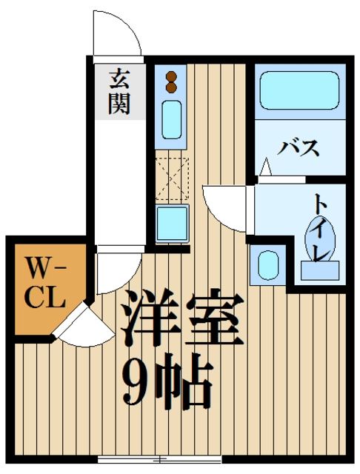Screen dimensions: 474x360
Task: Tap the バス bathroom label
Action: (299, 147)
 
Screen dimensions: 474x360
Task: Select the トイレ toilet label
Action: (322, 226)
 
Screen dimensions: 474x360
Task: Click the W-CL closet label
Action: (46, 284)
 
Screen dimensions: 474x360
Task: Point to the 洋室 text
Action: (182, 318)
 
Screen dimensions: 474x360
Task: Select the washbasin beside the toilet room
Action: (267, 264)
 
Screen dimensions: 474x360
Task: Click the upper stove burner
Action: (171, 76)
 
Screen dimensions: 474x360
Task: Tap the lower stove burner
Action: (171, 88)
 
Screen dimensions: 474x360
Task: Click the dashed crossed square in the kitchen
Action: (172, 178)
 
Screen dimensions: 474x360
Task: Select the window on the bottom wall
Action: (157, 459)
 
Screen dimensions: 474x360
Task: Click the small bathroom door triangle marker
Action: (267, 170)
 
